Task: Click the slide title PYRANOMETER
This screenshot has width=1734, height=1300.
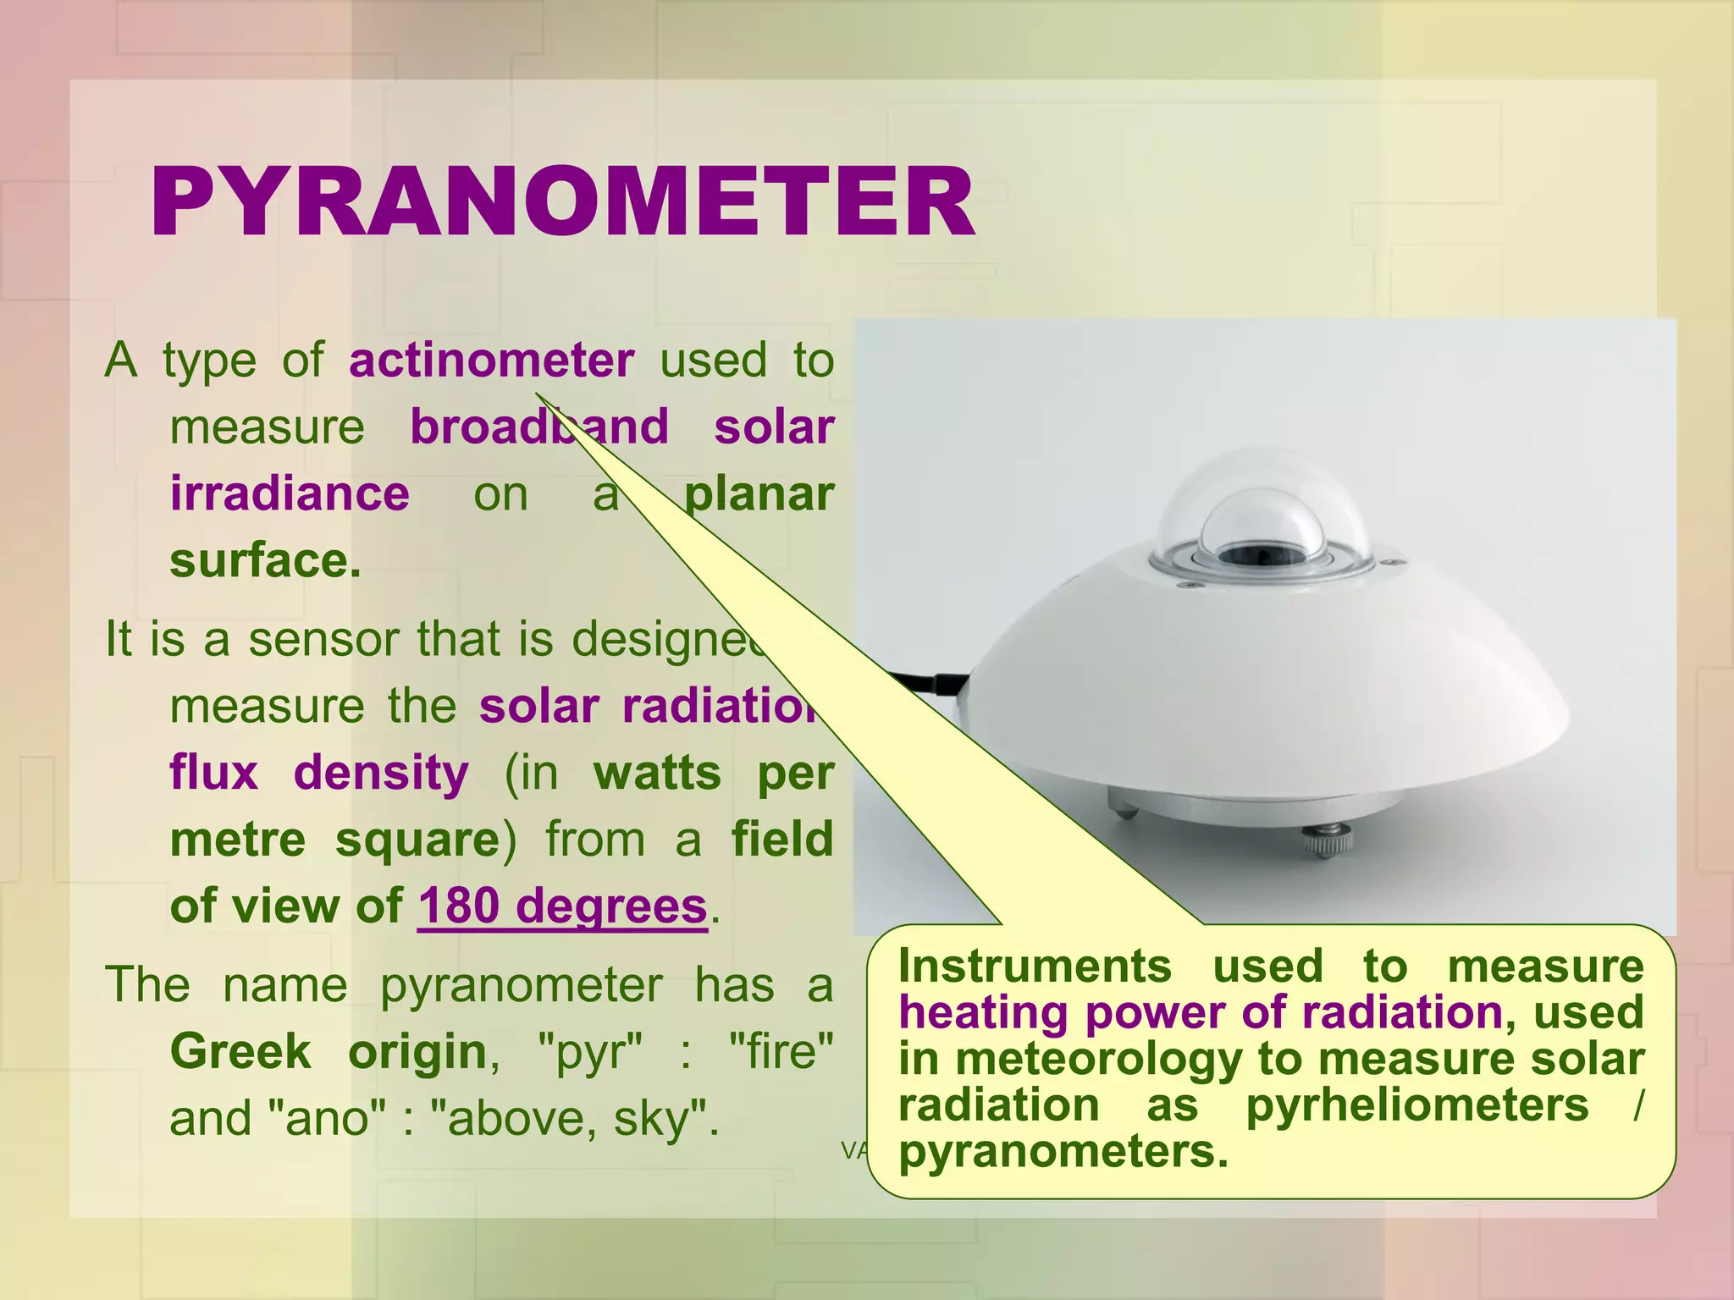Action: click(562, 203)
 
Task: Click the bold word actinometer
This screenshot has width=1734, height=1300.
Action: click(491, 361)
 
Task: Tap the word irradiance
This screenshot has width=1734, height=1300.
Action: click(290, 494)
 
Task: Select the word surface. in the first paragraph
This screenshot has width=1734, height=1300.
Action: click(265, 561)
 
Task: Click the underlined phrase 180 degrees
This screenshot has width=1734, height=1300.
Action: click(562, 906)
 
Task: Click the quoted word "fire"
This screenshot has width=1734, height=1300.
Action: click(781, 1052)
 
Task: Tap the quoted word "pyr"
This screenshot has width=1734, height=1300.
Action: click(590, 1052)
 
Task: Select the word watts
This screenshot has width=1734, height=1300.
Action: click(657, 774)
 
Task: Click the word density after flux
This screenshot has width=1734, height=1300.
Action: click(381, 774)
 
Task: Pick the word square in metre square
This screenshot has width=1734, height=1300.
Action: click(417, 840)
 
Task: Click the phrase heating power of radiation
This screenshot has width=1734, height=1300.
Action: click(1200, 1013)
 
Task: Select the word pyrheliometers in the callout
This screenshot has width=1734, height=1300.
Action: click(1416, 1105)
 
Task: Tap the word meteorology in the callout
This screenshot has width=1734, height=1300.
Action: click(1099, 1060)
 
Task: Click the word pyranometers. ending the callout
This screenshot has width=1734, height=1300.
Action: click(1063, 1152)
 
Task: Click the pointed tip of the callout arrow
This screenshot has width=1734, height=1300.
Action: click(537, 394)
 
